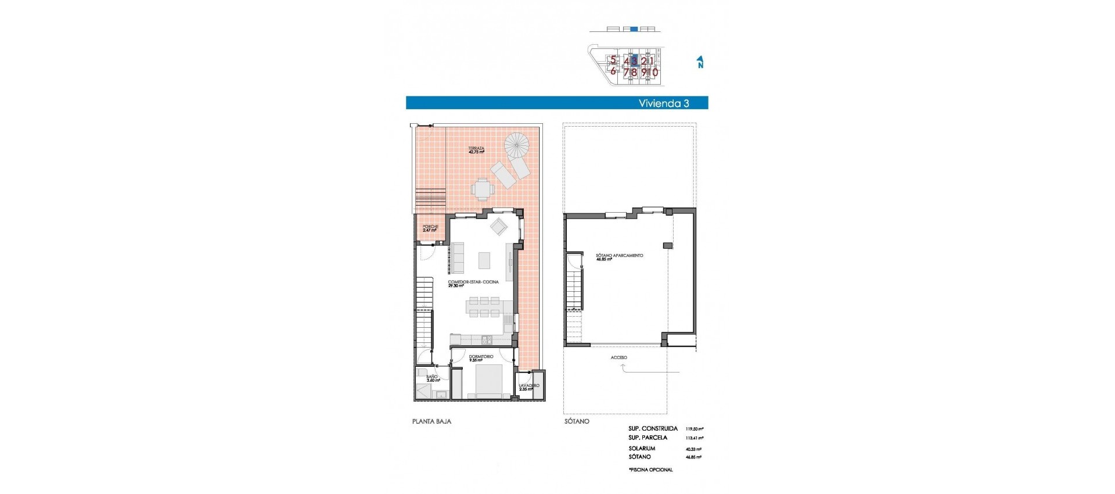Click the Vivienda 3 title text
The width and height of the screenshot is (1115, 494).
(663, 103)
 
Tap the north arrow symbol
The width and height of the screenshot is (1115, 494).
(700, 62)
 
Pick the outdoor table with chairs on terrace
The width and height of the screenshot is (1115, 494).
(483, 188)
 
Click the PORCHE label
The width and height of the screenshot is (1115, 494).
(430, 228)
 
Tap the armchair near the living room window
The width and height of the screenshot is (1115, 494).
(498, 226)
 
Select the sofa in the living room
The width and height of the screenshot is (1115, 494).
(458, 258)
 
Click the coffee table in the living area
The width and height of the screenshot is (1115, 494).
(484, 260)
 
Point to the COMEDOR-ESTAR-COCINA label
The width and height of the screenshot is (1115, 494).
(473, 283)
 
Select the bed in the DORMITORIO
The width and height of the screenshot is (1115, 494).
(489, 381)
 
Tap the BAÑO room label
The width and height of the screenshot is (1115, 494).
(432, 378)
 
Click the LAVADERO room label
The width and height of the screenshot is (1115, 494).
(528, 386)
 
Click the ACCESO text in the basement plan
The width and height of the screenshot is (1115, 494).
(618, 357)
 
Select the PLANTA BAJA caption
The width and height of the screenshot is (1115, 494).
(431, 421)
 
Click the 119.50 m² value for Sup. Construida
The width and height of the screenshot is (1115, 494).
(694, 429)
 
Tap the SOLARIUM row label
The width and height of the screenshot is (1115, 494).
(641, 448)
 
